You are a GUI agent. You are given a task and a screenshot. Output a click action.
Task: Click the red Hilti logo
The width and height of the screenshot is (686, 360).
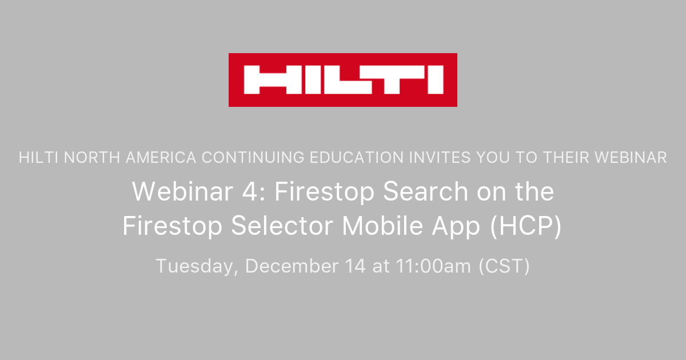click(x=343, y=80)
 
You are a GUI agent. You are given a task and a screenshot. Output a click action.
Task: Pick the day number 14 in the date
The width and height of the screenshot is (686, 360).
click(x=355, y=266)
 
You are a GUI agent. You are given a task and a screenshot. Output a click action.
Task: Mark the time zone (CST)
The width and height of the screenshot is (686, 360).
click(x=504, y=266)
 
